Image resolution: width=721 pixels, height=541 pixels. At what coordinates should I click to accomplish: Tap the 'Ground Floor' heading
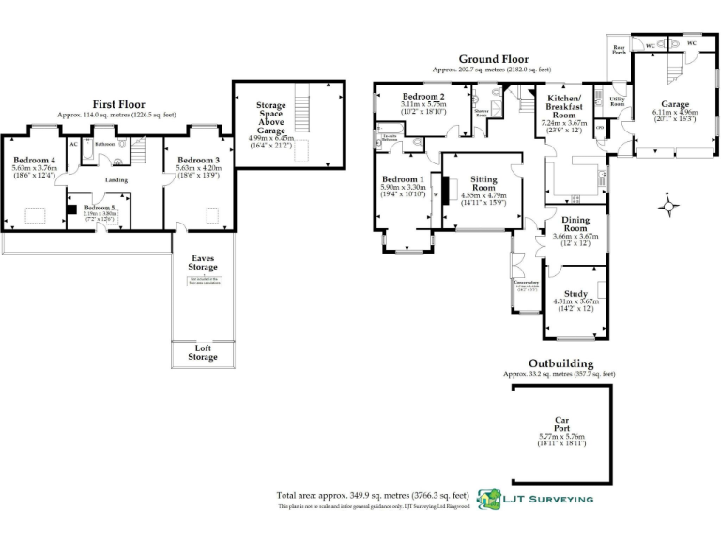[x=492, y=59]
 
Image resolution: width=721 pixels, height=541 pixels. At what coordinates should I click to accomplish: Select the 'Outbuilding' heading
[x=560, y=363]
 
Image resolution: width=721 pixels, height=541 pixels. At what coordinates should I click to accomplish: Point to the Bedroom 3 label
[x=198, y=161]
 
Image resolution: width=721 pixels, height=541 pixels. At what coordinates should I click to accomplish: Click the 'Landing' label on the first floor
[x=116, y=180]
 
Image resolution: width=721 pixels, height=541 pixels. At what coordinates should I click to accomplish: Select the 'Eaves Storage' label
[x=202, y=263]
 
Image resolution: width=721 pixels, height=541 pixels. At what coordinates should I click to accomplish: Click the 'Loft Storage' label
[x=202, y=352]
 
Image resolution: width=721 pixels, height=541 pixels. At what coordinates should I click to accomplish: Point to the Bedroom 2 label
[x=423, y=98]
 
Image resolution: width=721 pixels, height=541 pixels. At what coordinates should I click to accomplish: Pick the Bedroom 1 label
[x=403, y=179]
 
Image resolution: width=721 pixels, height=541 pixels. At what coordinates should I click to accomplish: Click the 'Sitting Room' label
[x=483, y=182]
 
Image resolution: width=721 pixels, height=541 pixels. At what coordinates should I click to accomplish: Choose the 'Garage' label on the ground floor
[x=674, y=104]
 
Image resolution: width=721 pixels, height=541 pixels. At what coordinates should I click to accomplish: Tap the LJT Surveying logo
[x=535, y=499]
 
